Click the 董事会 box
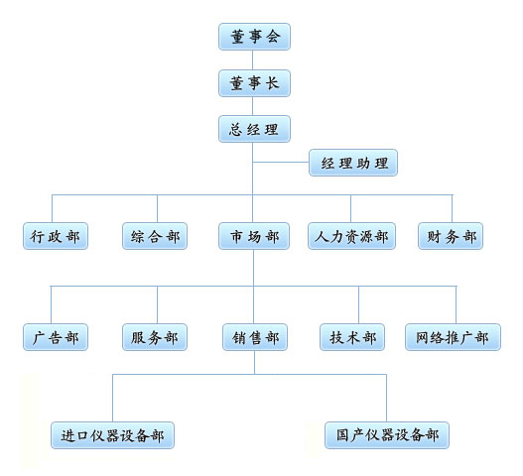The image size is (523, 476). [x=254, y=37]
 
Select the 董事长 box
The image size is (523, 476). [x=254, y=83]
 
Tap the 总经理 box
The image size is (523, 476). [x=254, y=129]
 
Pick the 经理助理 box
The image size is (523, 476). [x=353, y=163]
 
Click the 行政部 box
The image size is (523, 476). [x=56, y=236]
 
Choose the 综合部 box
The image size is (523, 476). [x=155, y=236]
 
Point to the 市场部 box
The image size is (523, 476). [x=254, y=236]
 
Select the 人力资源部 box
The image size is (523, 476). [x=352, y=236]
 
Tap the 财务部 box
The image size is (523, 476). [x=451, y=236]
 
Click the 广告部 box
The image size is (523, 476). [x=56, y=337]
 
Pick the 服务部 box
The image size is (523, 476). [x=155, y=337]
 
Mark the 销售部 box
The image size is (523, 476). [x=255, y=337]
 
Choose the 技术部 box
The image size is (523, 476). [x=352, y=337]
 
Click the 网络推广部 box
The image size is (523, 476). [x=453, y=337]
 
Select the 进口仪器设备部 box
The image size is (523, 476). [x=112, y=435]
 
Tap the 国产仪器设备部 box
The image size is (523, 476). [x=387, y=435]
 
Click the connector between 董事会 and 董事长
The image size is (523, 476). [x=252, y=60]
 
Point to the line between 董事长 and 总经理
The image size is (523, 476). [x=252, y=106]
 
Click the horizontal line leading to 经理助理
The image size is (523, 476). [x=281, y=163]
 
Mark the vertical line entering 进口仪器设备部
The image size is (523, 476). [x=113, y=398]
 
